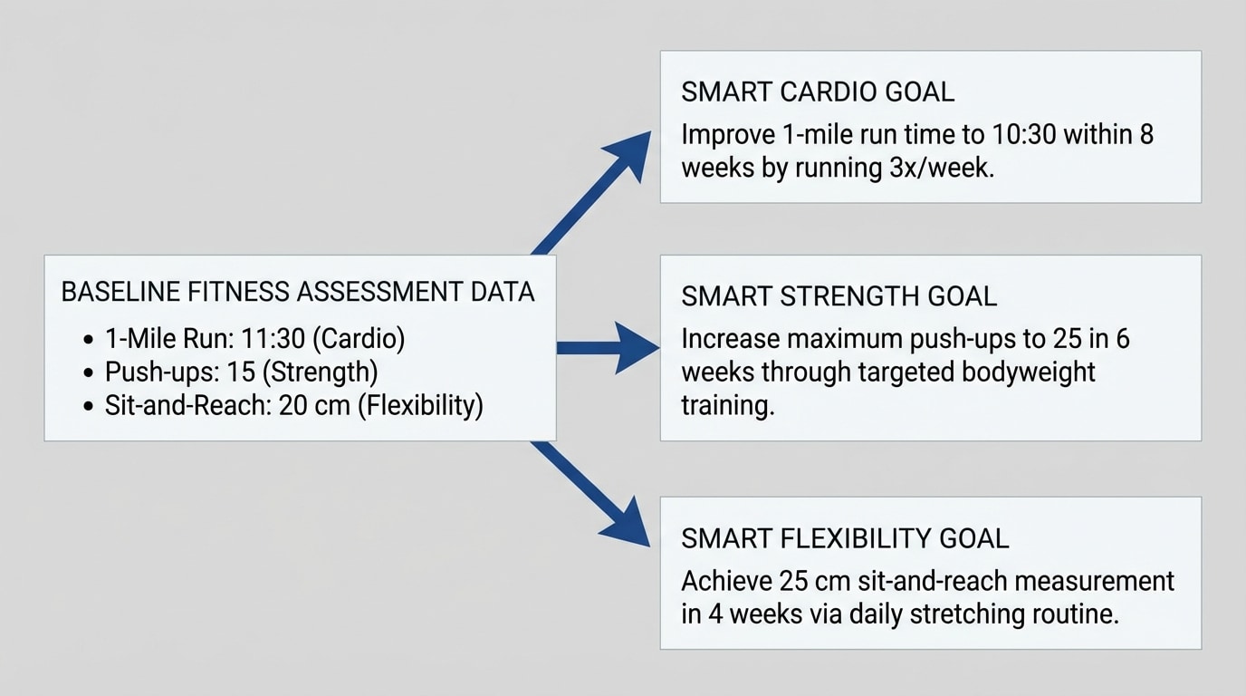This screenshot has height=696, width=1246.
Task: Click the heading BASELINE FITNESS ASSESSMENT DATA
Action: (298, 292)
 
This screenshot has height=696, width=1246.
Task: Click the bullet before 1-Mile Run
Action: (88, 340)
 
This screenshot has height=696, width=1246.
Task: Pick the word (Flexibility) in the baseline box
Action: (421, 405)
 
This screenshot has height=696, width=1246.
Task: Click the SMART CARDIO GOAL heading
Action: (818, 92)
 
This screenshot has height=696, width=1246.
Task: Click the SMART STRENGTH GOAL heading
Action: (839, 296)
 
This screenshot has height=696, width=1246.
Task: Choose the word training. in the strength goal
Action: (728, 405)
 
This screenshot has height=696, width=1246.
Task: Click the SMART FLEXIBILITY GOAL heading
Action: (845, 538)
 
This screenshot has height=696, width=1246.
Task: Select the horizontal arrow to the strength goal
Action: (607, 347)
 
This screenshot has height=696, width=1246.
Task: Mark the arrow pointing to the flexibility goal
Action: (593, 498)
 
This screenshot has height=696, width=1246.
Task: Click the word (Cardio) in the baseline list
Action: (363, 339)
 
